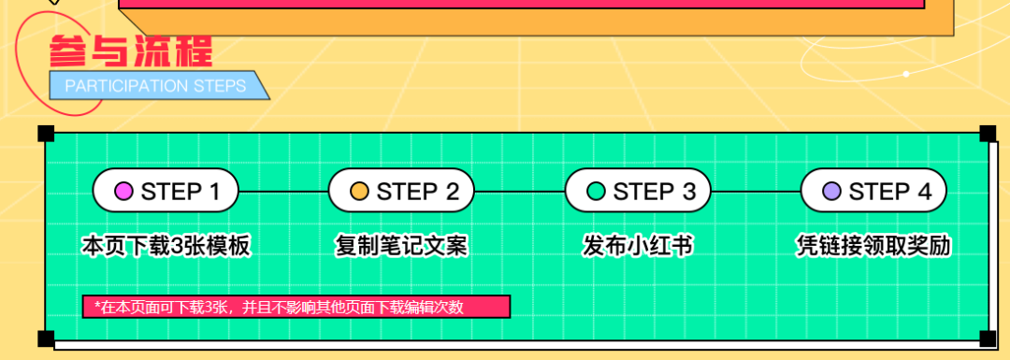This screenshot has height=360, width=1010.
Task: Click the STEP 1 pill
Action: coord(166,191)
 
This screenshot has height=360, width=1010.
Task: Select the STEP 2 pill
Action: coord(402,191)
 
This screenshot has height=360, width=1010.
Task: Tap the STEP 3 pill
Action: coord(638,191)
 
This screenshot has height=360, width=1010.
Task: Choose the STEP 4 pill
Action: coord(873,191)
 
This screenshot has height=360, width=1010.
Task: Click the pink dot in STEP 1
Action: coord(123,192)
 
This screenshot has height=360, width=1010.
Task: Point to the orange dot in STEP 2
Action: coord(359,192)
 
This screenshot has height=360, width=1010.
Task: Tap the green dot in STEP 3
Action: coord(596,192)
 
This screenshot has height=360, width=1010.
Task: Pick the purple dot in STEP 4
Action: coord(831,192)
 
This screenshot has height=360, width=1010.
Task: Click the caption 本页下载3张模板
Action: coord(166,245)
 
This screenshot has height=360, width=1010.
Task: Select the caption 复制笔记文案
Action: coord(401,245)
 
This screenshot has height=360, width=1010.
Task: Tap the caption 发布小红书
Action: coord(638,245)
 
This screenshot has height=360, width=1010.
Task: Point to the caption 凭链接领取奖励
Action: coord(873,245)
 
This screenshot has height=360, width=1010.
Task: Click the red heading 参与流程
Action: coord(131,51)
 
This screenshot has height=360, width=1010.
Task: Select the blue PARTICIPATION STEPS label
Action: coord(159,86)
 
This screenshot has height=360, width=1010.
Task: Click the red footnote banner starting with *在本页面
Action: coord(296,307)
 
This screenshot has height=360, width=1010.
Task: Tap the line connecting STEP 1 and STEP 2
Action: coord(284,192)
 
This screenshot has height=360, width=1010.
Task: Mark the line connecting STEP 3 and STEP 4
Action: coord(756,192)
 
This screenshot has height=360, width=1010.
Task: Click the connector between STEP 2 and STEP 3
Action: coord(520,192)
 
